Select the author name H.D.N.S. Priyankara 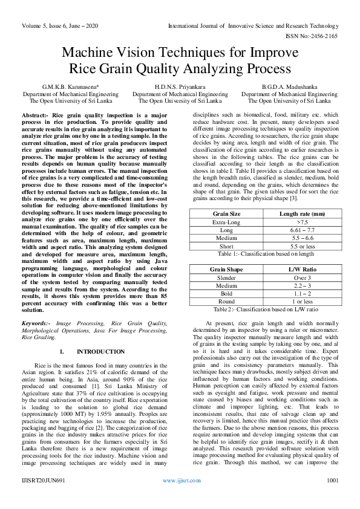(x=180, y=87)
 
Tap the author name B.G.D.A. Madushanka (x=290, y=87)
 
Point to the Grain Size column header (x=227, y=213)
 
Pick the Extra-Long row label (x=227, y=222)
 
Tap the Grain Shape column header (x=227, y=268)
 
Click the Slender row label (x=227, y=277)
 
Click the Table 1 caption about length (x=265, y=254)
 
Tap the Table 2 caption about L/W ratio (x=265, y=309)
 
